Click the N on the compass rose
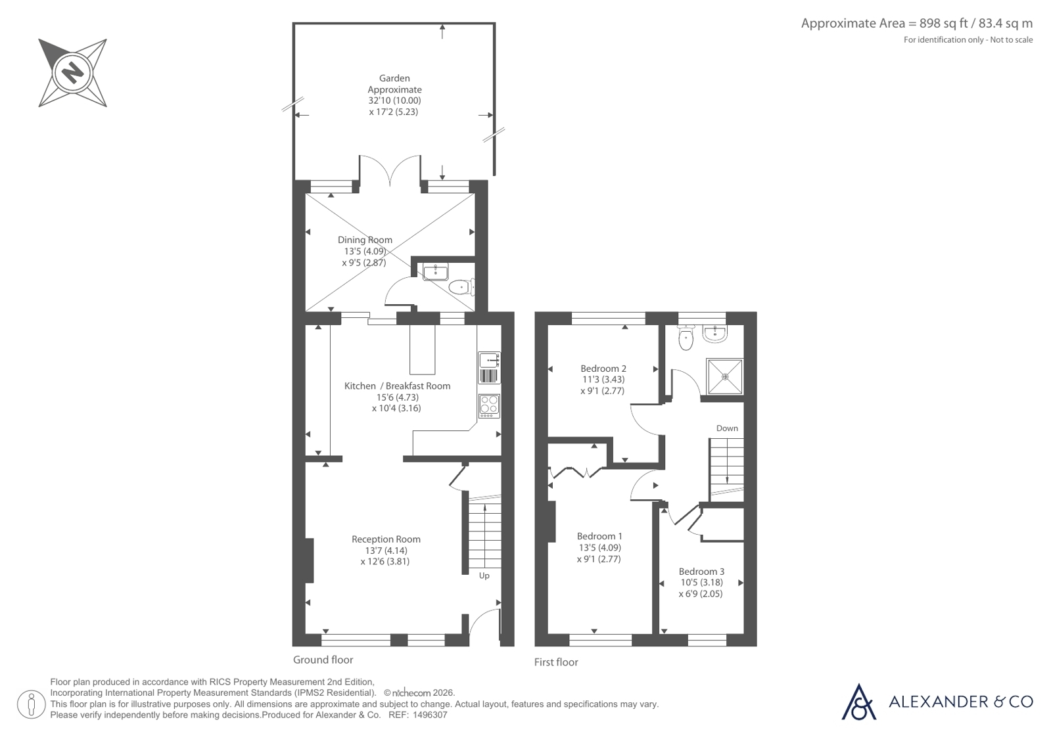coord(73,73)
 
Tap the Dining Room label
coord(365,240)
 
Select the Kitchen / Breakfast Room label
coord(397,386)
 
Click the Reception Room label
coord(386,539)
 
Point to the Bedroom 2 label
coord(603,369)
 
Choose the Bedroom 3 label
coord(701,572)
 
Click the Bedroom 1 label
coord(599,536)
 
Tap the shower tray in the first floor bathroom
coord(725,376)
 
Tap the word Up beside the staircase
coord(484,575)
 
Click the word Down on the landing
coord(727,428)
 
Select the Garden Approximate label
coord(394,84)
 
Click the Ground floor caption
coord(323,660)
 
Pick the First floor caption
coord(556,662)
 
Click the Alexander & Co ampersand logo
coord(858,702)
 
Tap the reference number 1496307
coord(430,715)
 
